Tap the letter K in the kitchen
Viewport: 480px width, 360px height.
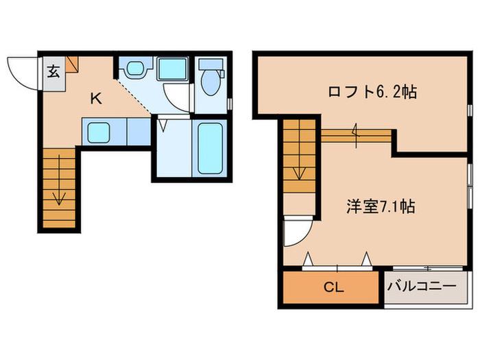pos(96,99)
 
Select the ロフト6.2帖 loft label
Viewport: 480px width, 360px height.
pos(372,91)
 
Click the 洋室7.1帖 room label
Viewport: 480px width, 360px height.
pos(381,206)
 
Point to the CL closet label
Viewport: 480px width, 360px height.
pos(334,287)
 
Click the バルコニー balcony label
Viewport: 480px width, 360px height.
pos(422,287)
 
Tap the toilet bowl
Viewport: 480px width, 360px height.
pos(211,82)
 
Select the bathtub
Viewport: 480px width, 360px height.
pos(210,149)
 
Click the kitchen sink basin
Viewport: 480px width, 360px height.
pos(99,132)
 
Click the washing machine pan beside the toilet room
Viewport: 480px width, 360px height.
pos(172,69)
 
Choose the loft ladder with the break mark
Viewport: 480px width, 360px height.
pos(357,136)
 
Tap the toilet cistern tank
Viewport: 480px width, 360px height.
pos(211,64)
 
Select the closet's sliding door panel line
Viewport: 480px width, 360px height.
pos(337,269)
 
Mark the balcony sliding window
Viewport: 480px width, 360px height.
pos(428,269)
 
